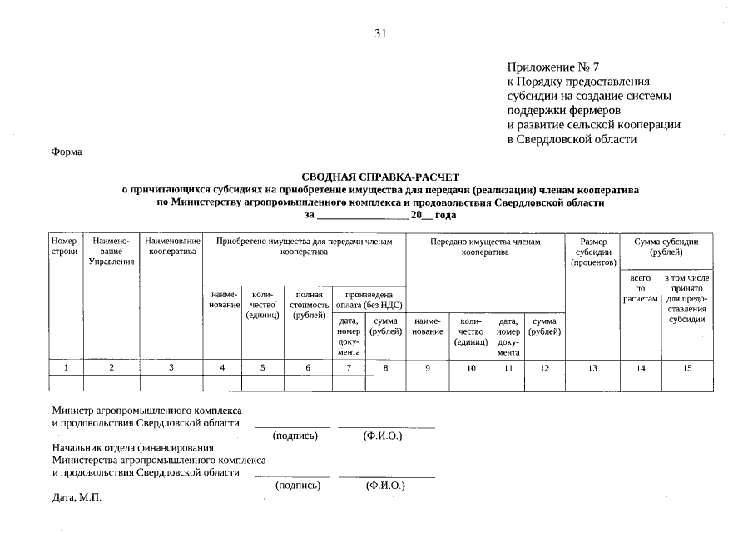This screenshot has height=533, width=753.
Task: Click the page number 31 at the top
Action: click(381, 34)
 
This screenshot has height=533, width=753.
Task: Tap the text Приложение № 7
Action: click(552, 66)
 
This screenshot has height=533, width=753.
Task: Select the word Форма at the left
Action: click(67, 152)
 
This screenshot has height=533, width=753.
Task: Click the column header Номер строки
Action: click(64, 246)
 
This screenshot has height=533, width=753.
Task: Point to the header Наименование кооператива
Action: click(171, 246)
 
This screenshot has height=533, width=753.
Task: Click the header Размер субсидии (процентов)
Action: click(593, 252)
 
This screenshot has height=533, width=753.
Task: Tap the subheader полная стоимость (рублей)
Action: click(308, 305)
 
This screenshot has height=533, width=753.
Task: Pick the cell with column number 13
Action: click(593, 367)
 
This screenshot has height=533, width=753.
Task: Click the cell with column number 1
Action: click(65, 367)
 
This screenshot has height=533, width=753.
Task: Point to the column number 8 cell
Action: click(385, 367)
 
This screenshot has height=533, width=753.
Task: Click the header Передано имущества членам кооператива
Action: click(485, 246)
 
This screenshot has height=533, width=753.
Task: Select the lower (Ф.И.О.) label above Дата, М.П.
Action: click(384, 485)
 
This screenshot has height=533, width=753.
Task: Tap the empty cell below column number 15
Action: click(686, 383)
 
